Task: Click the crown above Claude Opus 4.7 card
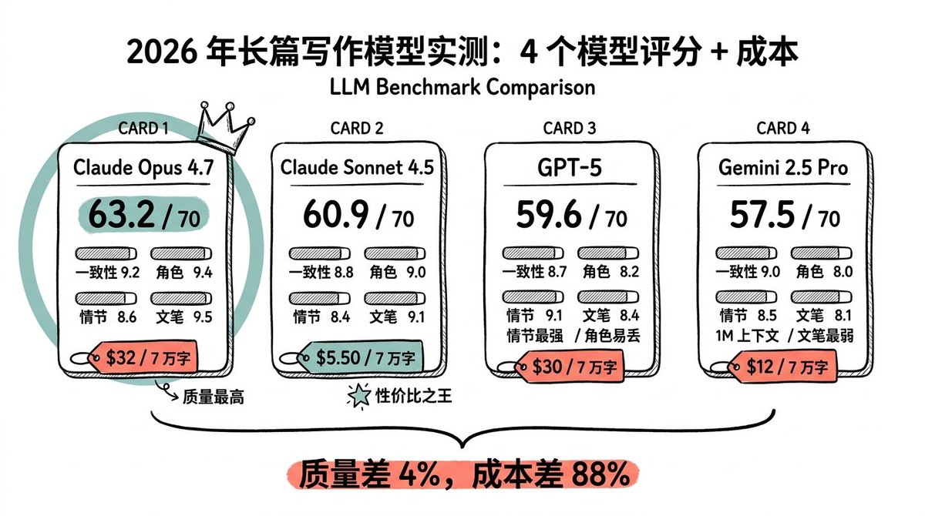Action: pos(225,129)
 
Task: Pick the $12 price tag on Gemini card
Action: pos(782,367)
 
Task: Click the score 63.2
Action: pos(122,214)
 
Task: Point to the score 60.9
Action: pos(336,214)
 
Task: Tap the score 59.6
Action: pos(549,214)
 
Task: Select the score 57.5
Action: pos(762,214)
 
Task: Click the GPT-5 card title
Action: pos(570,167)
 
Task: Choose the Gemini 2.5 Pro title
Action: pos(783,167)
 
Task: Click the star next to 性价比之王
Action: pos(359,396)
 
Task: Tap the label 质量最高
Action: pos(214,397)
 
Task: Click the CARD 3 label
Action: pos(570,129)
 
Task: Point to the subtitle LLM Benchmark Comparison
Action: pos(462,87)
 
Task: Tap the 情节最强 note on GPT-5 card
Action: pos(535,336)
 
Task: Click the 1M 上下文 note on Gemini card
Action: pos(747,336)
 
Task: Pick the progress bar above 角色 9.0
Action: pos(395,253)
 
